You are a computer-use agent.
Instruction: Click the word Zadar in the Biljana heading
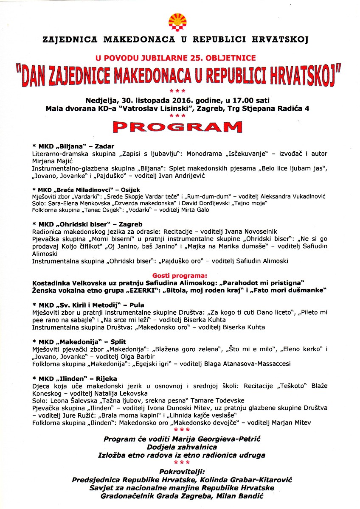[104, 146]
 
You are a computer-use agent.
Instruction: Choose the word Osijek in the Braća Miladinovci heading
[129, 189]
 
